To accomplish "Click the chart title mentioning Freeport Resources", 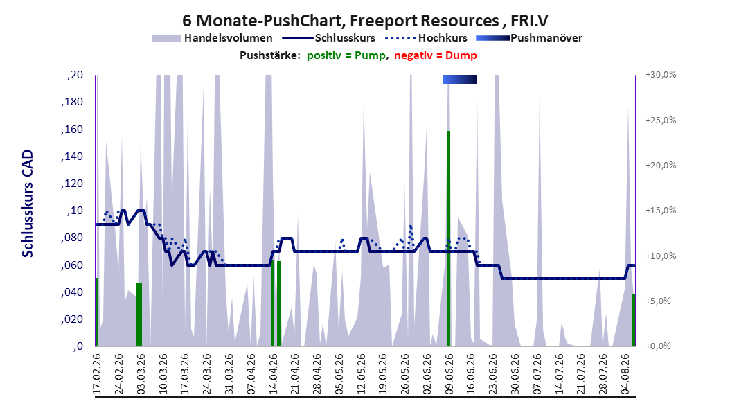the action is (365, 21).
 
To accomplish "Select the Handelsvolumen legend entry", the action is (213, 38).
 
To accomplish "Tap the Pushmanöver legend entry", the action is (529, 38).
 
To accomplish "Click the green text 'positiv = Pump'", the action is (346, 55).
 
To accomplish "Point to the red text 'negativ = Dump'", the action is (436, 55).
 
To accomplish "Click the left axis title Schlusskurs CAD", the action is (28, 204).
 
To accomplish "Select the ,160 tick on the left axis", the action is (72, 129).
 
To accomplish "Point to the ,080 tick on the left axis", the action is (72, 238).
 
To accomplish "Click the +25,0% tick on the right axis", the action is (661, 120).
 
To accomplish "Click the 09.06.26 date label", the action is (449, 374).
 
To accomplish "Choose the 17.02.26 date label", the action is (97, 374).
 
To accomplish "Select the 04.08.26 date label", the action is (625, 374).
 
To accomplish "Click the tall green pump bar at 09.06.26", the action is (449, 238).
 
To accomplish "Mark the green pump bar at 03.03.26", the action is (139, 315).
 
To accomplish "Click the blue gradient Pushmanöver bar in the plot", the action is (459, 79).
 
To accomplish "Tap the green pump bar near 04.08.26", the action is (634, 320).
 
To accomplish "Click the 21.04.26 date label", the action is (295, 374).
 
